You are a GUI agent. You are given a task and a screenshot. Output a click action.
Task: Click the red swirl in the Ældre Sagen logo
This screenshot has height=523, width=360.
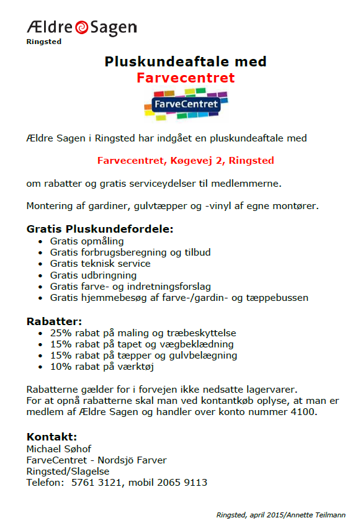(x=81, y=28)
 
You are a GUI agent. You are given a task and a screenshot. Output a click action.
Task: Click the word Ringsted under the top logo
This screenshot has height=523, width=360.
(x=43, y=42)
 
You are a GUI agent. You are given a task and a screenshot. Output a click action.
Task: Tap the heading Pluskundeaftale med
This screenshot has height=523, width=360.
(x=185, y=62)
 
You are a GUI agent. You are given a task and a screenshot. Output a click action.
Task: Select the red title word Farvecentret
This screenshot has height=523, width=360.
(x=185, y=78)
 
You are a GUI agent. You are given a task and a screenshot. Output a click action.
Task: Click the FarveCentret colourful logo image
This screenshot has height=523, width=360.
(x=186, y=104)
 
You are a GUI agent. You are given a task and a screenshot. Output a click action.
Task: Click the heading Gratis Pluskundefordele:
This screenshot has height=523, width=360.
(x=100, y=229)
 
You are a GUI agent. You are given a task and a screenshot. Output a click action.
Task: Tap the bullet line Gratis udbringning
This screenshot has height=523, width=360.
(x=93, y=275)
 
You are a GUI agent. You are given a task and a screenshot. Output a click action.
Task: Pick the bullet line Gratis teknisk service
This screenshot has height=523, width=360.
(x=100, y=264)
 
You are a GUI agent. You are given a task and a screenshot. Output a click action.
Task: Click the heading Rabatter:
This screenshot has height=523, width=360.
(x=54, y=321)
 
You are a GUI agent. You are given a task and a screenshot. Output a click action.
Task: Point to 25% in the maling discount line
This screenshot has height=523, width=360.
(x=61, y=333)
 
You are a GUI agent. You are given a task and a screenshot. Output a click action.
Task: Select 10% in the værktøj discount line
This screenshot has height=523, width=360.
(x=61, y=367)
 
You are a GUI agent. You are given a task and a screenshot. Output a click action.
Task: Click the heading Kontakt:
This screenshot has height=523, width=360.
(x=52, y=436)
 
